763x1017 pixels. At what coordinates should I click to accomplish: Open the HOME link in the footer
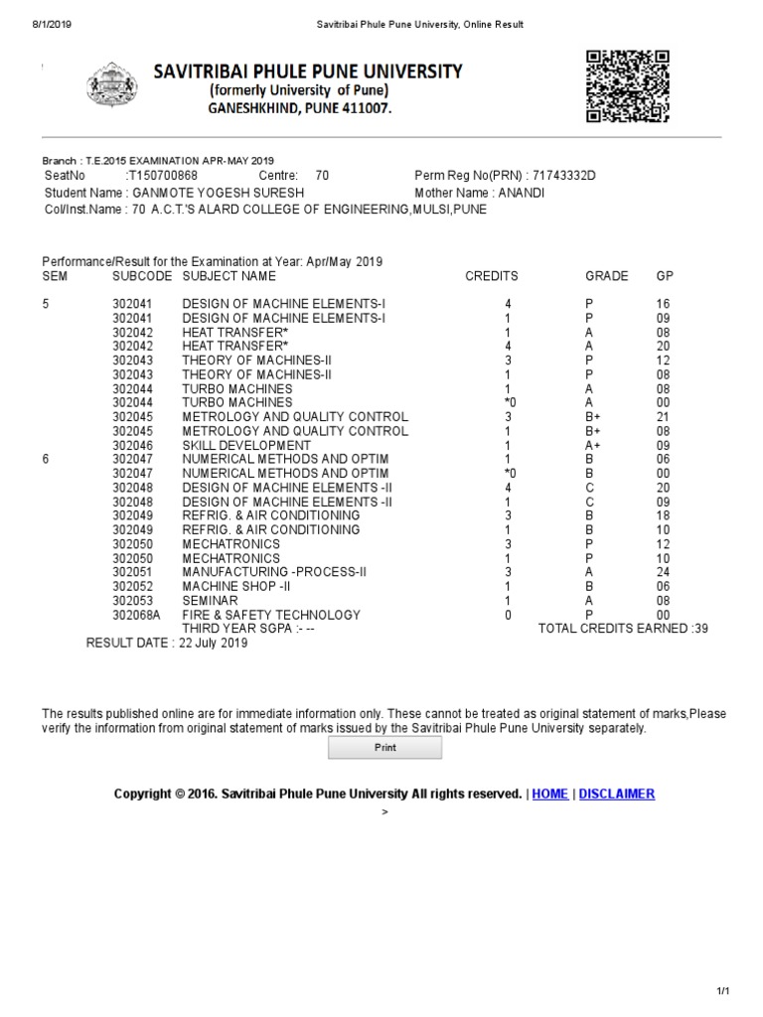[550, 794]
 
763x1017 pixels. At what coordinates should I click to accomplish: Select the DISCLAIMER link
[616, 794]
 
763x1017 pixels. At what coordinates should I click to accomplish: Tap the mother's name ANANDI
[522, 193]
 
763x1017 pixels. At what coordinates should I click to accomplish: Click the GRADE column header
[606, 276]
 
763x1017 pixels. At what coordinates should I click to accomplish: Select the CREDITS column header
[492, 276]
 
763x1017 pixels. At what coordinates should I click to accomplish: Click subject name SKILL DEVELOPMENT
[245, 446]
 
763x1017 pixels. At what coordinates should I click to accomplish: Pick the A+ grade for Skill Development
[593, 446]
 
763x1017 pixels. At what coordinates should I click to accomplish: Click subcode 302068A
[136, 616]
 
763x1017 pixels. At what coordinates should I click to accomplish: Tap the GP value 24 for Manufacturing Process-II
[664, 573]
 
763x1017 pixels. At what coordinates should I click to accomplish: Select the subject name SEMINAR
[210, 601]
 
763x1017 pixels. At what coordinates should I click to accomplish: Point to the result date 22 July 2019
[213, 644]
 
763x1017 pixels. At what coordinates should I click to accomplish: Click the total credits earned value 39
[700, 630]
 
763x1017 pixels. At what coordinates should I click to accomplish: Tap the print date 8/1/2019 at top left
[38, 24]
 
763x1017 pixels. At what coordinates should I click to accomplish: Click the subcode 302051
[132, 573]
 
